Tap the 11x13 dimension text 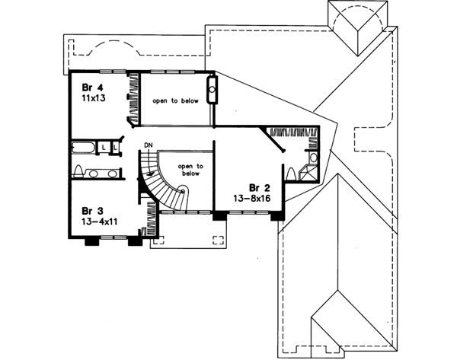click(89, 100)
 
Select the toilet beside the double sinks click(79, 169)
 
